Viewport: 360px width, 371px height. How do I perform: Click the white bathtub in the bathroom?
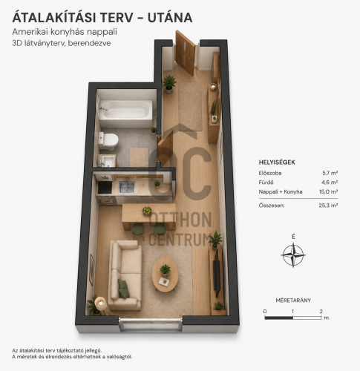point(125,113)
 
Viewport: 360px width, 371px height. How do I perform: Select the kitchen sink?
point(127,187)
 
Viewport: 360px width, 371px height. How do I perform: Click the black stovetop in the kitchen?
point(105,188)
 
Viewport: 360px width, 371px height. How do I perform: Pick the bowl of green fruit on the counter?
point(147,211)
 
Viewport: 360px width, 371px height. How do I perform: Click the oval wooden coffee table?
point(165,275)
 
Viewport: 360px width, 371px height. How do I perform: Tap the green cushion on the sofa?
point(123,289)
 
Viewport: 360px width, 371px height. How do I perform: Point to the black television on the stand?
point(217,273)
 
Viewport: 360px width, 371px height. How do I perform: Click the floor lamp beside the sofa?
point(100,303)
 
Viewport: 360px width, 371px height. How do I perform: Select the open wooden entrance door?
point(185,53)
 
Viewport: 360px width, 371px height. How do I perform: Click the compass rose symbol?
point(293,255)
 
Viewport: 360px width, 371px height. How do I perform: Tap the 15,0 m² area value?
point(328,191)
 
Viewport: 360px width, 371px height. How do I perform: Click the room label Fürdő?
point(266,183)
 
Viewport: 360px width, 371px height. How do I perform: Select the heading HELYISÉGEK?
point(277,162)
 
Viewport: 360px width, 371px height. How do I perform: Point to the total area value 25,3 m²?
point(328,206)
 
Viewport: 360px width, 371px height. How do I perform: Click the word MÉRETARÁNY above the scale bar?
point(293,301)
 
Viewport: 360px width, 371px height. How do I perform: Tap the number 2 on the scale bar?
point(321,312)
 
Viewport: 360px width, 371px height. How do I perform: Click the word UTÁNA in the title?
point(170,18)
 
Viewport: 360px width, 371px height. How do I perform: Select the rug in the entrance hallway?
point(190,106)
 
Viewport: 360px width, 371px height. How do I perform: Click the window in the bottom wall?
point(150,324)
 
